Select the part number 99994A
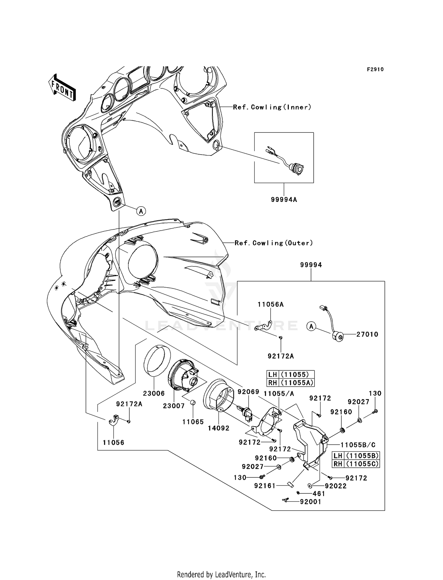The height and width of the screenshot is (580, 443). (284, 200)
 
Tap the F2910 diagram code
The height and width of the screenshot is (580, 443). (375, 69)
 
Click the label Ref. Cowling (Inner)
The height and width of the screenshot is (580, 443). (272, 107)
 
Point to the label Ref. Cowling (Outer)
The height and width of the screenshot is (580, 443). (273, 243)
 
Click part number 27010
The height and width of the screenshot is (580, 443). (367, 334)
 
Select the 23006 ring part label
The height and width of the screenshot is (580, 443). (154, 393)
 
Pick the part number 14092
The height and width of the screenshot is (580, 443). (219, 428)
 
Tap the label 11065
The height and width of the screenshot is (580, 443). (193, 422)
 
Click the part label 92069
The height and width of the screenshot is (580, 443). (248, 392)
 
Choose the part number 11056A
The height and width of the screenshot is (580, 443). (271, 304)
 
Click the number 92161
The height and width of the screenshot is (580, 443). (265, 486)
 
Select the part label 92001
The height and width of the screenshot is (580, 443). (310, 502)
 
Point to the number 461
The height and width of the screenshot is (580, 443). (319, 494)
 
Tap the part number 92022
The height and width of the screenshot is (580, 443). (335, 486)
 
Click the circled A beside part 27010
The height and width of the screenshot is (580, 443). (311, 327)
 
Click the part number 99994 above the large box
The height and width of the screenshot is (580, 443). (311, 265)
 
